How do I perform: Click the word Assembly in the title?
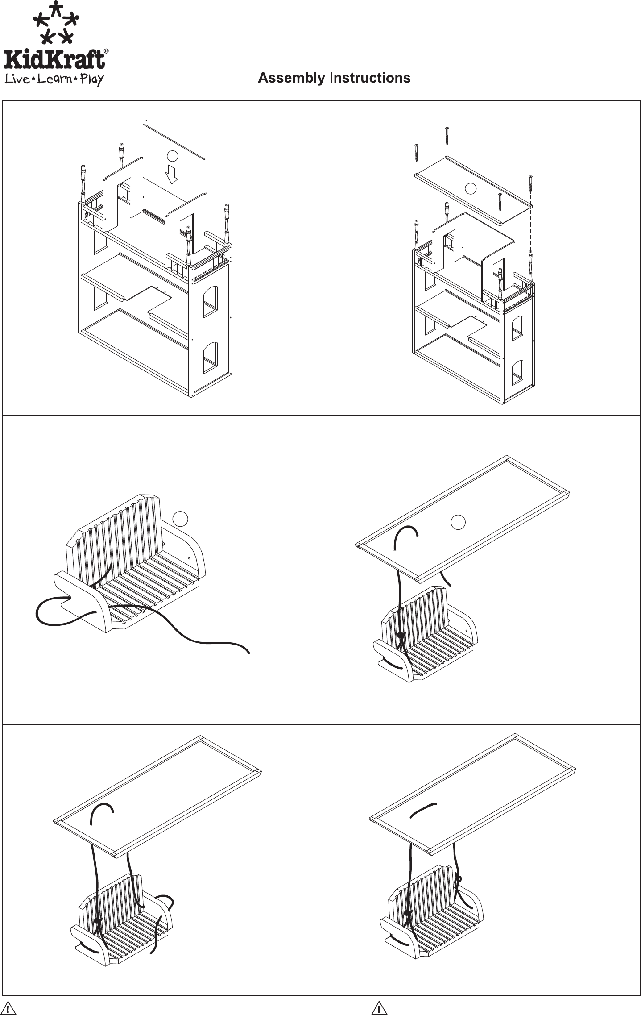[x=291, y=78]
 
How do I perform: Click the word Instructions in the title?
[x=370, y=78]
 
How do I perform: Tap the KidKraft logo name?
[x=54, y=59]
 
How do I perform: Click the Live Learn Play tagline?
[x=54, y=79]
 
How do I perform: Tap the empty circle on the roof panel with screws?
[x=470, y=188]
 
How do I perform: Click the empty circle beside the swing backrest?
[x=180, y=518]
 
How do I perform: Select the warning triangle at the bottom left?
[x=8, y=1008]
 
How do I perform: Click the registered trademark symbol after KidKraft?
[x=106, y=51]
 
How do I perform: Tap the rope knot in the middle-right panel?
[x=401, y=634]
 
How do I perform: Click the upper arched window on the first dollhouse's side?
[x=210, y=302]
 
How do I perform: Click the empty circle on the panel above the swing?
[x=458, y=522]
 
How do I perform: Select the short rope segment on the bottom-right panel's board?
[x=422, y=810]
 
